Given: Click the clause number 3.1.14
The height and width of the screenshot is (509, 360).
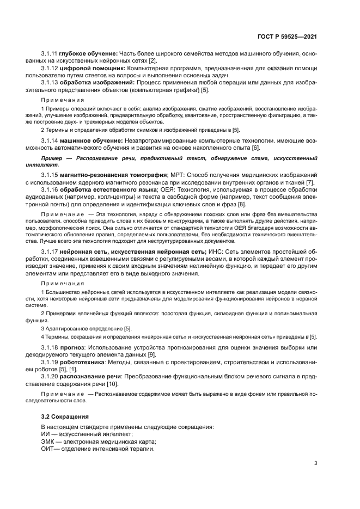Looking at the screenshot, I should pos(50,140).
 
